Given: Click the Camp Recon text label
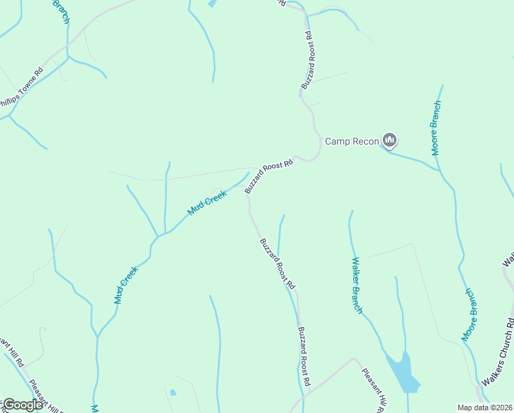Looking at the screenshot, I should tap(352, 141).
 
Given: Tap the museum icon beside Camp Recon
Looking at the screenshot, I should tap(390, 140).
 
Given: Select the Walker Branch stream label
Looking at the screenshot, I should tap(357, 285).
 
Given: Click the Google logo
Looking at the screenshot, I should tap(23, 405).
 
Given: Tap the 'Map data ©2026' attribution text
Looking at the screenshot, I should tap(484, 407).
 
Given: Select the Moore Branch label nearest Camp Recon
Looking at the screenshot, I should tap(435, 128).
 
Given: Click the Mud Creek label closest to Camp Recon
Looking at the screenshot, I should tap(207, 202).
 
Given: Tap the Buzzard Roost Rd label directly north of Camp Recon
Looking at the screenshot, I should tap(308, 60).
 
